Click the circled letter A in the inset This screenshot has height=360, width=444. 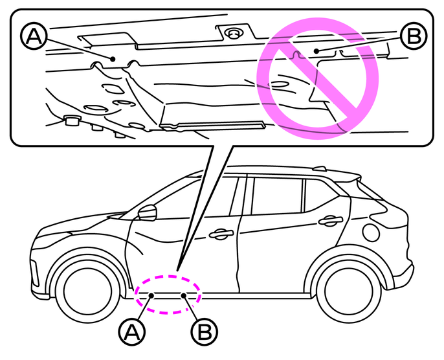click(x=34, y=36)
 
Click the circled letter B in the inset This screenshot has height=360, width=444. click(x=414, y=36)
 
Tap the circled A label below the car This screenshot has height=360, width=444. click(x=132, y=332)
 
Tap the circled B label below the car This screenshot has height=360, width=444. click(x=205, y=332)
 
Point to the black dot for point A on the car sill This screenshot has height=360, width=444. click(x=151, y=295)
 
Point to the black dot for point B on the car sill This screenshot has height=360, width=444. click(x=184, y=295)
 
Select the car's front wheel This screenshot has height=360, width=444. click(x=88, y=291)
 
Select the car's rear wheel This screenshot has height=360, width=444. click(x=349, y=291)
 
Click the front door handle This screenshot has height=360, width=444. click(x=221, y=234)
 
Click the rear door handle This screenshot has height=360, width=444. click(x=331, y=220)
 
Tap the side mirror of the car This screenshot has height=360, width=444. click(x=148, y=213)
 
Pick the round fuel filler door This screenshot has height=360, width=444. click(x=371, y=232)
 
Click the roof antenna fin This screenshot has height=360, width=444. click(x=320, y=169)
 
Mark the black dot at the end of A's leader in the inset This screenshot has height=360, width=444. click(x=113, y=59)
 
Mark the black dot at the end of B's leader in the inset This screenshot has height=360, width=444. click(x=316, y=51)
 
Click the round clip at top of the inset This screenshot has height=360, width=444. click(x=234, y=34)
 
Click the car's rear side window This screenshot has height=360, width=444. click(x=322, y=196)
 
